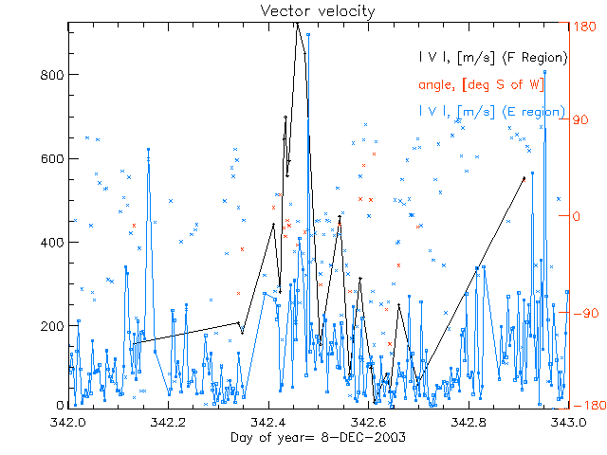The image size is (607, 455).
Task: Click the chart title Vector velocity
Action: pyautogui.click(x=303, y=10)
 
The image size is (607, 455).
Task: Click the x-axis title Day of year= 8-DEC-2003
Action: pyautogui.click(x=319, y=437)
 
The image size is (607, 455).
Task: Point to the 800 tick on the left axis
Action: pyautogui.click(x=53, y=75)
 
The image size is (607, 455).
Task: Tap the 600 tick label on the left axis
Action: pyautogui.click(x=53, y=158)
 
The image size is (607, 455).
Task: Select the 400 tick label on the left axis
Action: pyautogui.click(x=53, y=242)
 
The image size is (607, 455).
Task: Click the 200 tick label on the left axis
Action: pyautogui.click(x=53, y=325)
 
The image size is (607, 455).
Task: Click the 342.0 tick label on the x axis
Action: pyautogui.click(x=69, y=421)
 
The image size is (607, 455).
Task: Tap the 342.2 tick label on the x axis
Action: pyautogui.click(x=169, y=421)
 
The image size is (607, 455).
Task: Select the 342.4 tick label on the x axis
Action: pyautogui.click(x=269, y=421)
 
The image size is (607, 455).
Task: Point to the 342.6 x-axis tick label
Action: pyautogui.click(x=370, y=421)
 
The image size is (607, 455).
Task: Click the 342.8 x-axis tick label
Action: pyautogui.click(x=470, y=421)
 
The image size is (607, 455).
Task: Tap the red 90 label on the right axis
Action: pyautogui.click(x=582, y=121)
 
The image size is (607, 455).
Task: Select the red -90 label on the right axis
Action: pyautogui.click(x=585, y=311)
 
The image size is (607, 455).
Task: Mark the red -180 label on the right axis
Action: pyautogui.click(x=589, y=405)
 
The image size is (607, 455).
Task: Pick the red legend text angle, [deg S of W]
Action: pyautogui.click(x=480, y=84)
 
